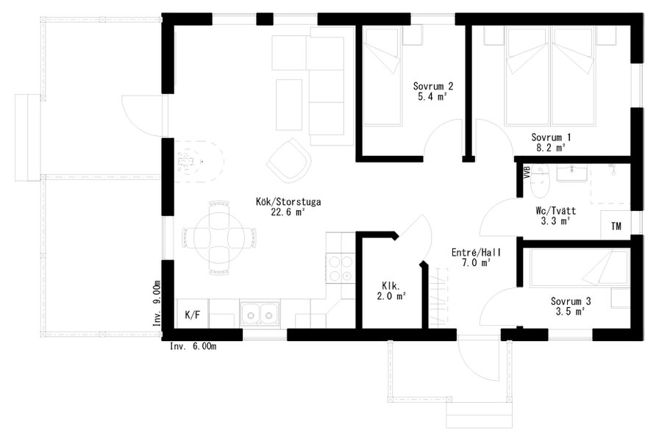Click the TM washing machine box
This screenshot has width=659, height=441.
pos(616,226)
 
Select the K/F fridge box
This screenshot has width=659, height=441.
pos(193,314)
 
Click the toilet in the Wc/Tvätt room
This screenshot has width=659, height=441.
pos(540,181)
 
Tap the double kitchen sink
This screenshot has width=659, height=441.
pos(260,313)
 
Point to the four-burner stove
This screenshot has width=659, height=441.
pos(341,268)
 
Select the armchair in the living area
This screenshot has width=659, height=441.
pos(289,160)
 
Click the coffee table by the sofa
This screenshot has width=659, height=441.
pos(289,104)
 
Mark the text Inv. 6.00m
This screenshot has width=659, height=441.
pos(193,346)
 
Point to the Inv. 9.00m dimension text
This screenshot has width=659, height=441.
pos(157,304)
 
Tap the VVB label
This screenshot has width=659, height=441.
pos(527,173)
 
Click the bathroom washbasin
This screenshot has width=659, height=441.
pos(571,173)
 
